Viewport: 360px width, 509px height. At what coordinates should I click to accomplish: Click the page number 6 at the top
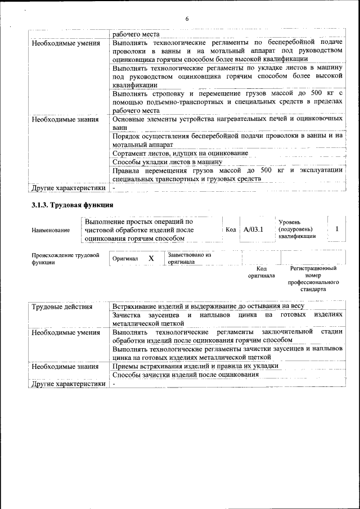(x=186, y=19)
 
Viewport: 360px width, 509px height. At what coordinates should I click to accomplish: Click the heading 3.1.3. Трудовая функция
(x=73, y=205)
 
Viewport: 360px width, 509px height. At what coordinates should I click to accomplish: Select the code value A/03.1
(x=254, y=229)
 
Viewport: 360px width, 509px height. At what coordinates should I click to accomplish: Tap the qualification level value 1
(x=336, y=229)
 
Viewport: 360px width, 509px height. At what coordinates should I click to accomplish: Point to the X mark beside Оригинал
(x=151, y=258)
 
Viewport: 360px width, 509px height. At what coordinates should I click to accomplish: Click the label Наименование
(x=51, y=230)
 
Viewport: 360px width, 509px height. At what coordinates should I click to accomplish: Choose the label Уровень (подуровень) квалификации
(x=297, y=229)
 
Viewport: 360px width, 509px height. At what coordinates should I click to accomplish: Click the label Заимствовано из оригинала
(x=189, y=258)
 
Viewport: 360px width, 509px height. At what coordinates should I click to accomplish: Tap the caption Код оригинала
(x=261, y=272)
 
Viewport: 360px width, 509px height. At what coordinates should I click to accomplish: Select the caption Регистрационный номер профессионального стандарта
(x=313, y=280)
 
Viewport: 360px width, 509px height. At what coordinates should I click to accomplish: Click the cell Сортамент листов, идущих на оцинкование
(x=180, y=153)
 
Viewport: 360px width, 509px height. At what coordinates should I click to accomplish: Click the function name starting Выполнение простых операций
(x=139, y=229)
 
